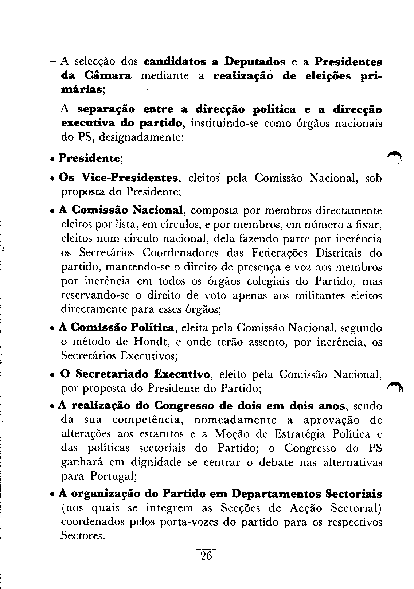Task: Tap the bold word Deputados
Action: [255, 62]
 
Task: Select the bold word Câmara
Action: [108, 76]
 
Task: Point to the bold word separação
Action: [106, 110]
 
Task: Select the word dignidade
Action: [156, 462]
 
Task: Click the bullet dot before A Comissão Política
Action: [53, 329]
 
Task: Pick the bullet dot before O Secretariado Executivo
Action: [53, 375]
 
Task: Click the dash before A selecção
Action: [53, 61]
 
